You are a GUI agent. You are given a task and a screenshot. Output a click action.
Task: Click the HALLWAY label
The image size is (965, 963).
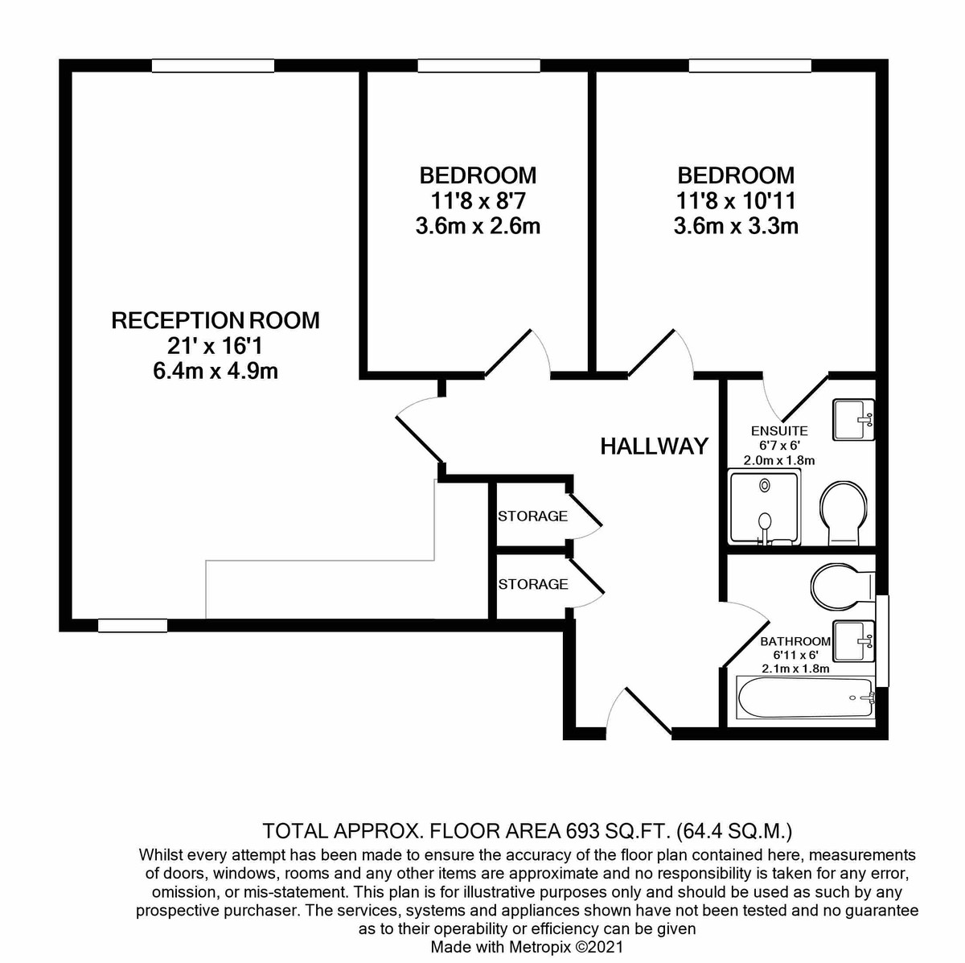tap(654, 446)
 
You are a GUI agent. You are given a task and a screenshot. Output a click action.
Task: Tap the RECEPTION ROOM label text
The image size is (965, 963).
tap(216, 320)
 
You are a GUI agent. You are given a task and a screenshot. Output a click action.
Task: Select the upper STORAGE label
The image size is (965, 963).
tap(533, 516)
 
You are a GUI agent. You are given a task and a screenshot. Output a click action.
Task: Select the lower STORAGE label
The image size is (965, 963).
tap(533, 584)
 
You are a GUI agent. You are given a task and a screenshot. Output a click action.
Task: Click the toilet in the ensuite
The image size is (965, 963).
tap(844, 513)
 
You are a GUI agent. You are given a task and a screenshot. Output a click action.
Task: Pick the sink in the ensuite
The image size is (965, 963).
tap(853, 420)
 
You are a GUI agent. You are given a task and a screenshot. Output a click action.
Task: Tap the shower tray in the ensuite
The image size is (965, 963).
tap(764, 508)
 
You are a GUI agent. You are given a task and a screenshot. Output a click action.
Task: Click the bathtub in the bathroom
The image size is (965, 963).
tap(806, 698)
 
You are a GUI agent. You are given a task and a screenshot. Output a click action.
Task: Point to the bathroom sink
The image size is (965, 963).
tap(854, 642)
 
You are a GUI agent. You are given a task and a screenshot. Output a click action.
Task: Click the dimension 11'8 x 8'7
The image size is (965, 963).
tap(478, 201)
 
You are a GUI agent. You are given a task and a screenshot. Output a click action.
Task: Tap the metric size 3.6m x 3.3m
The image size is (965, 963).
tap(736, 227)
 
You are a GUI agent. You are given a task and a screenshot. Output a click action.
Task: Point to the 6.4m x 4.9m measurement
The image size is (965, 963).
tap(216, 371)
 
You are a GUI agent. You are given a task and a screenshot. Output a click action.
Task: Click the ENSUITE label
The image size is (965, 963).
tap(779, 431)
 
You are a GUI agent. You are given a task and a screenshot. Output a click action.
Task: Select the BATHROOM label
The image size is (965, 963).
tap(795, 641)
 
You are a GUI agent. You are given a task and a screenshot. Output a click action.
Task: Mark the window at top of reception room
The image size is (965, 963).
tap(213, 66)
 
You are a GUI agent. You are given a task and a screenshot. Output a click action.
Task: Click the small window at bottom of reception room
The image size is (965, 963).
tap(133, 625)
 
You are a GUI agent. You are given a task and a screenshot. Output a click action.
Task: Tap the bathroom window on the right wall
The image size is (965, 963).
tap(883, 641)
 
